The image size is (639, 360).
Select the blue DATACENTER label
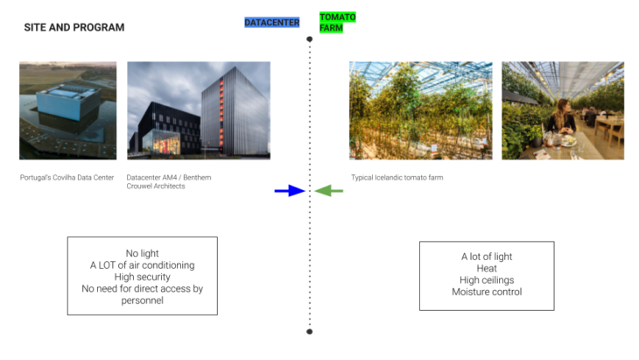point(272,23)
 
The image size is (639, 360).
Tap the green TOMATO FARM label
point(337,23)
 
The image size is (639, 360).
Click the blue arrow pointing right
point(288,190)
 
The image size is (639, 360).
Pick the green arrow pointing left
point(329,190)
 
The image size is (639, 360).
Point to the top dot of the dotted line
point(309,39)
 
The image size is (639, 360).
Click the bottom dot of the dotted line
point(309,332)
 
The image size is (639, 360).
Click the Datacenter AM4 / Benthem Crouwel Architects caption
point(171,181)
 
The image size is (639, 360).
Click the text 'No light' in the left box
point(143,253)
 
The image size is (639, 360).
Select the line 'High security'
point(143,277)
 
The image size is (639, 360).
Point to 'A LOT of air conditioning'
point(143,265)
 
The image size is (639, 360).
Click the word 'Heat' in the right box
point(487,268)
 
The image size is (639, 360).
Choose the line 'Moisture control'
point(487,292)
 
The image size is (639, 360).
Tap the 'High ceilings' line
point(487,280)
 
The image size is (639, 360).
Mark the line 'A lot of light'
point(487,257)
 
